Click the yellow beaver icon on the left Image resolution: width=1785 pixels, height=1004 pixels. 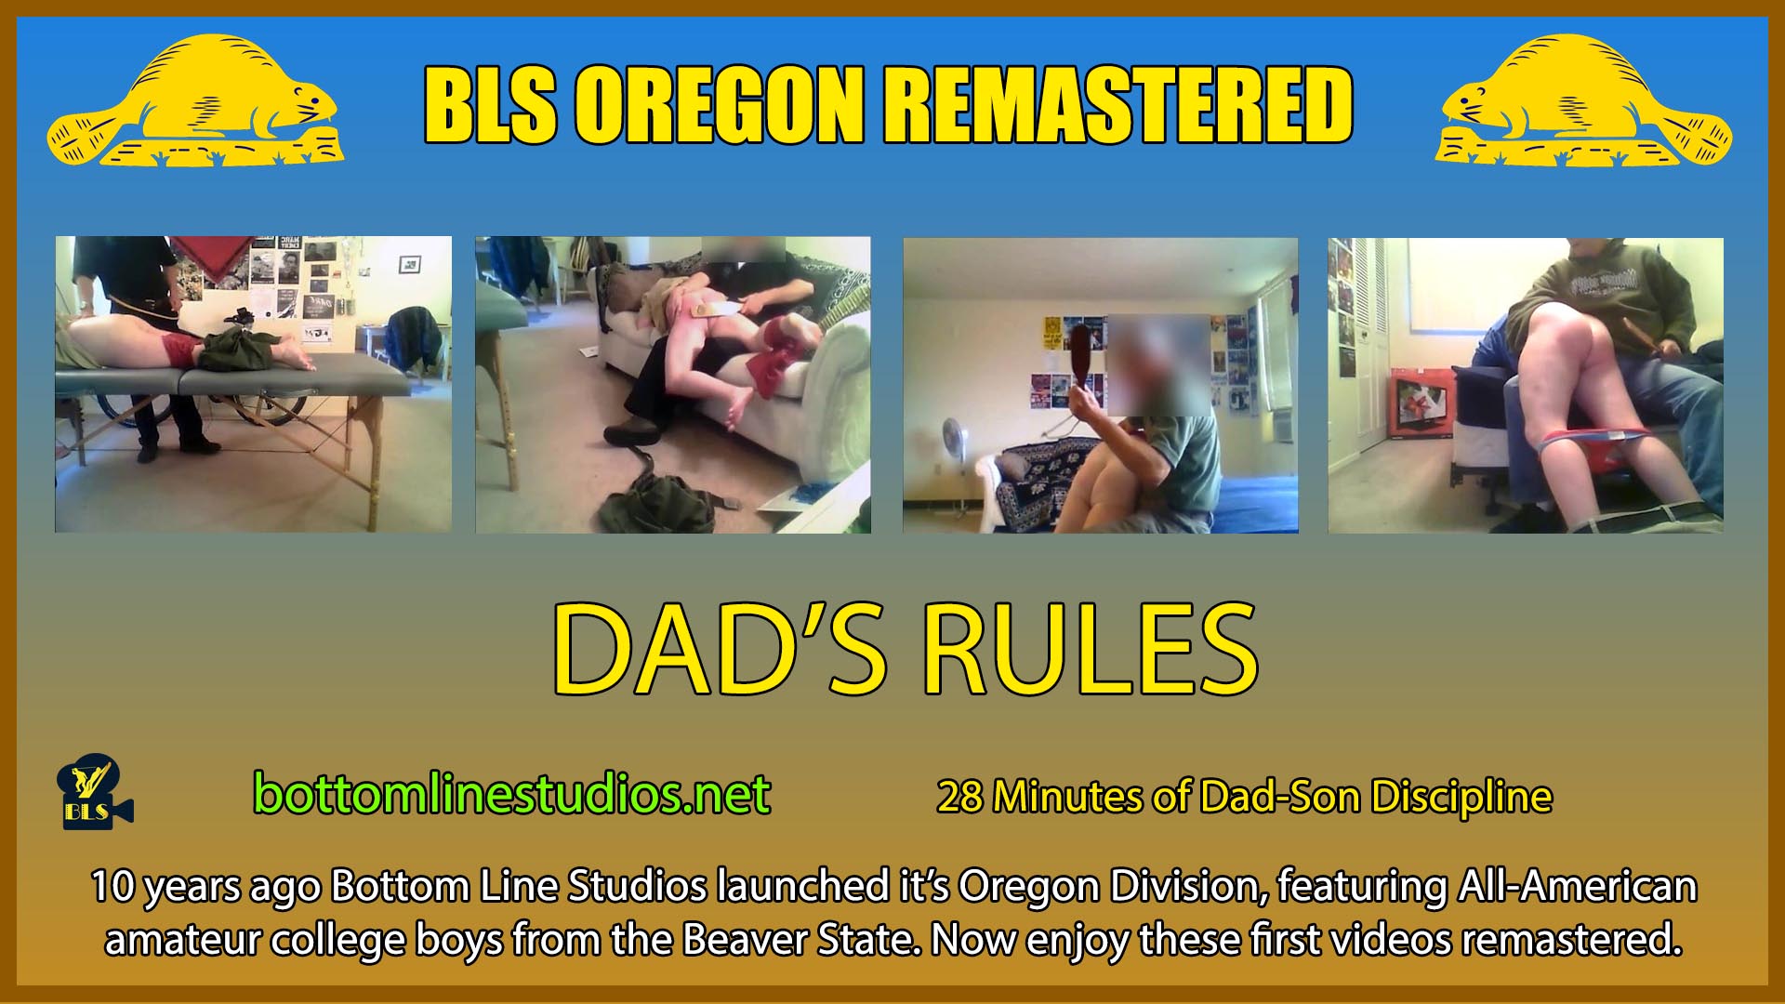(195, 102)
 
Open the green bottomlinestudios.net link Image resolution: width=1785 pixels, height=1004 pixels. (511, 794)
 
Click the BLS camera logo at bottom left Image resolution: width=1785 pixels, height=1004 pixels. (95, 796)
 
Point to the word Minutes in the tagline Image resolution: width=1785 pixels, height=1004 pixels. (1060, 797)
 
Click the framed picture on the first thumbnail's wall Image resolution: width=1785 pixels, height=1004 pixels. (409, 264)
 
